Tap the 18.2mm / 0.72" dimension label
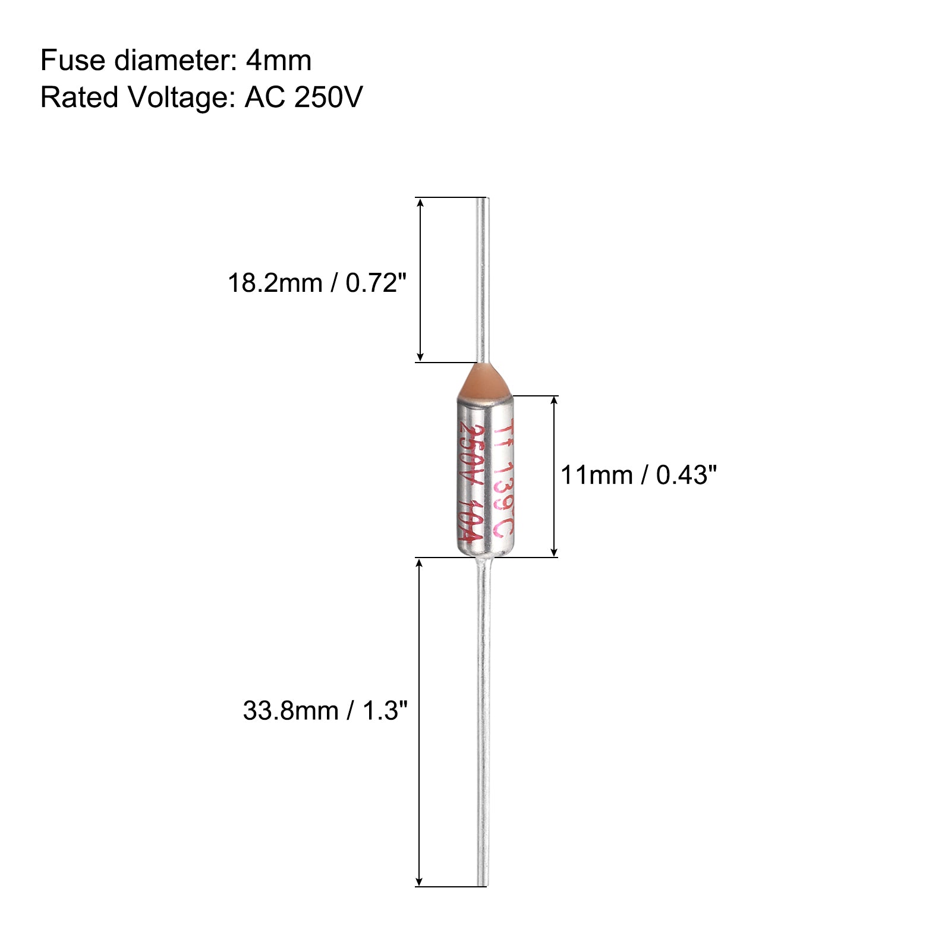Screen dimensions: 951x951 point(317,283)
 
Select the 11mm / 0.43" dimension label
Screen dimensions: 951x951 point(639,475)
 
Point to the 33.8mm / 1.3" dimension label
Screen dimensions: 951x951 point(325,710)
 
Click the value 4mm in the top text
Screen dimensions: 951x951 point(279,61)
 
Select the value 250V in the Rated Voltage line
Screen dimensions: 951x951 point(328,97)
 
